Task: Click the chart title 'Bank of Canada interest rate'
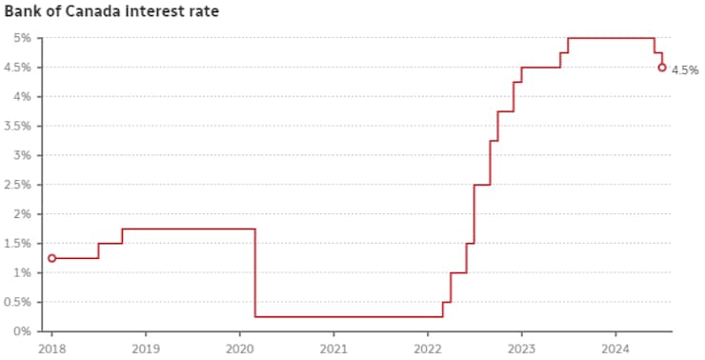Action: point(112,12)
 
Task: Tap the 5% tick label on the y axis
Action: point(23,38)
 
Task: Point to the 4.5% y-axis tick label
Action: point(18,68)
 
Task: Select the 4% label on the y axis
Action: point(23,97)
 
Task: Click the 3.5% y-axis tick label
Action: point(18,126)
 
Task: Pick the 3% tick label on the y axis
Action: point(23,155)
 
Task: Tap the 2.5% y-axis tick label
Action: point(18,185)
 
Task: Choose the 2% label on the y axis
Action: point(23,214)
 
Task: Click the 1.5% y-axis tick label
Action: point(18,243)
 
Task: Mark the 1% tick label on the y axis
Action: point(23,272)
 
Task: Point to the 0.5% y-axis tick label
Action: point(18,302)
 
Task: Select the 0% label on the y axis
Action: point(23,331)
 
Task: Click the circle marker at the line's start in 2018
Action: point(51,258)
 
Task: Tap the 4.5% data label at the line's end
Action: point(685,70)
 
